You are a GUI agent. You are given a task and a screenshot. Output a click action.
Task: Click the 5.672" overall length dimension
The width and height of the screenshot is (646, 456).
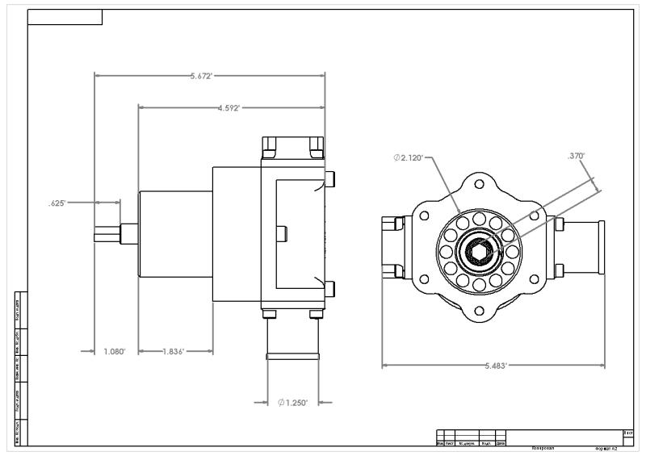tap(201, 76)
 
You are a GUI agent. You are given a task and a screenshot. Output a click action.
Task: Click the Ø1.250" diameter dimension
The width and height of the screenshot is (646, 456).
tap(292, 402)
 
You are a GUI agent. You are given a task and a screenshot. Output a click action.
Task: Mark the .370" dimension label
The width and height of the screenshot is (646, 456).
tap(576, 157)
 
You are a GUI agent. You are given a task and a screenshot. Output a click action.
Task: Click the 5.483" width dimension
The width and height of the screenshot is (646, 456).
tap(495, 366)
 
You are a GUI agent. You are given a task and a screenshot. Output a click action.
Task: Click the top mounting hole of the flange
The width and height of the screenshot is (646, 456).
tap(480, 183)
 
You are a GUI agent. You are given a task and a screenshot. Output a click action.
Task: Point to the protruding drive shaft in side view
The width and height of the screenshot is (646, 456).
tap(108, 232)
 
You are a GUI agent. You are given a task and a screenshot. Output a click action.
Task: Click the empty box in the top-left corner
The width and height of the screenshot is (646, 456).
tap(65, 17)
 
